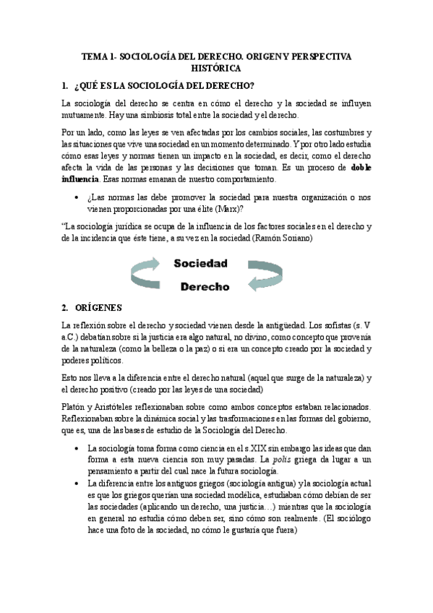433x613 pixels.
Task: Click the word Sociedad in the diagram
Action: (200, 263)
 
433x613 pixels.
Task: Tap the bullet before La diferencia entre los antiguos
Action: (76, 483)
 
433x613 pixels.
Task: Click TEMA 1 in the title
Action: (99, 56)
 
